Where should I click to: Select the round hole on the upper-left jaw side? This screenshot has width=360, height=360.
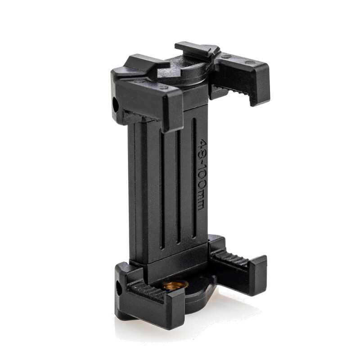click(116, 105)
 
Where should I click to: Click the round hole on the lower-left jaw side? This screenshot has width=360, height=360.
click(119, 288)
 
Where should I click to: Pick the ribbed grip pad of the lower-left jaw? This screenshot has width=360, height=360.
click(148, 292)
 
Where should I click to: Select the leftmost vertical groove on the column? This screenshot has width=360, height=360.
click(161, 189)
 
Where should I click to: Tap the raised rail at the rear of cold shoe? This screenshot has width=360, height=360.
click(196, 47)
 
